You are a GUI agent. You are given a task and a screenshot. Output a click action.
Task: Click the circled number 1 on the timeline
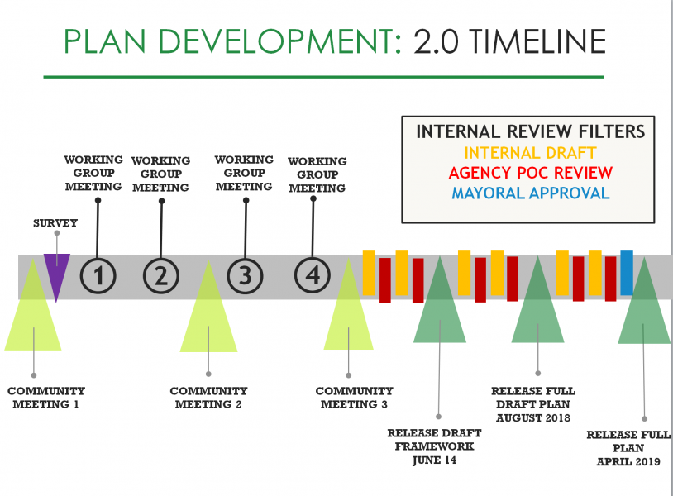tap(98, 275)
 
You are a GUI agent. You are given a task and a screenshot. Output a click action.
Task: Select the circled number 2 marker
tap(161, 276)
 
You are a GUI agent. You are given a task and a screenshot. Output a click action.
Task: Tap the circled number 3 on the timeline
tap(245, 275)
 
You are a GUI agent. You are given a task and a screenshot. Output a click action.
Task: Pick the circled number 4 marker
tap(313, 275)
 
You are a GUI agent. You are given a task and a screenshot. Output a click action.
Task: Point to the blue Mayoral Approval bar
tap(627, 273)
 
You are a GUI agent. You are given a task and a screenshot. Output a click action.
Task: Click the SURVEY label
tap(55, 223)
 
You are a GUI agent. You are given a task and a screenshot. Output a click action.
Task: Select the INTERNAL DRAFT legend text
tap(530, 153)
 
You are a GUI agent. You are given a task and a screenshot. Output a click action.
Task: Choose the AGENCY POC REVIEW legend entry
tap(531, 173)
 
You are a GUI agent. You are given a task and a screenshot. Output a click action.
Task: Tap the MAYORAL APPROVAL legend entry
tap(531, 193)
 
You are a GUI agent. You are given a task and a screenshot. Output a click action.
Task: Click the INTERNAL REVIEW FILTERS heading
tap(531, 131)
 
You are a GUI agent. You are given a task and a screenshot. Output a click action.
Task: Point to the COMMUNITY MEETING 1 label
tap(46, 398)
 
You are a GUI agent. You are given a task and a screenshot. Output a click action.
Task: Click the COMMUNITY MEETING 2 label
tap(208, 398)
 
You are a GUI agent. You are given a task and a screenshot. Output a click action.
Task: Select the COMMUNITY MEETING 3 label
tap(354, 398)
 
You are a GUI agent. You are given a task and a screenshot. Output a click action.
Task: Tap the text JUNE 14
tap(434, 460)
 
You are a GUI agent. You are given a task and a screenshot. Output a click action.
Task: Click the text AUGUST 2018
tap(533, 418)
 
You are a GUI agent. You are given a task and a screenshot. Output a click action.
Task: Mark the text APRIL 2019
tap(628, 461)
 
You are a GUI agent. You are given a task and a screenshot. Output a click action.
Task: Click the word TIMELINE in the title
tap(537, 41)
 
